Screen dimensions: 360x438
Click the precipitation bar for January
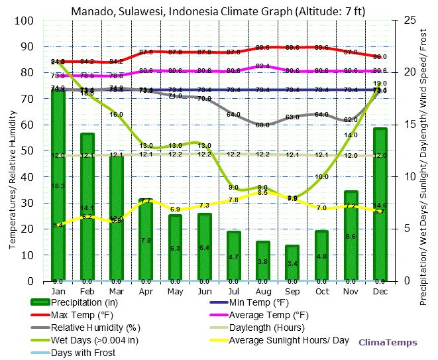point(58,185)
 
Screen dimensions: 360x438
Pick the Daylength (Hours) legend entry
point(266,328)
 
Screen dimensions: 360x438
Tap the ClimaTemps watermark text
point(388,343)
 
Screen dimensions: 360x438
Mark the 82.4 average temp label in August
point(262,66)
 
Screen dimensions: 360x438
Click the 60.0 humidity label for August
point(262,125)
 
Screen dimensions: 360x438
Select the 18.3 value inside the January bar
point(58,186)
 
